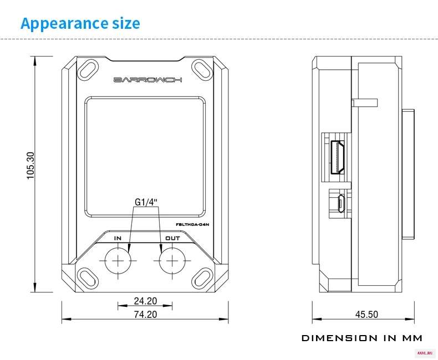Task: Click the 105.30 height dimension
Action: (x=30, y=166)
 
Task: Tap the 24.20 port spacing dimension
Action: (x=145, y=301)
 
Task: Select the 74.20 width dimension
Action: (x=145, y=315)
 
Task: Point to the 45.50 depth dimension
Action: (x=366, y=315)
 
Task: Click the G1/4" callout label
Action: (x=146, y=202)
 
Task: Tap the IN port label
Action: (x=118, y=238)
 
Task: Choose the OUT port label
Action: (x=172, y=238)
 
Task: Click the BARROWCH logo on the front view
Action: (x=148, y=80)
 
